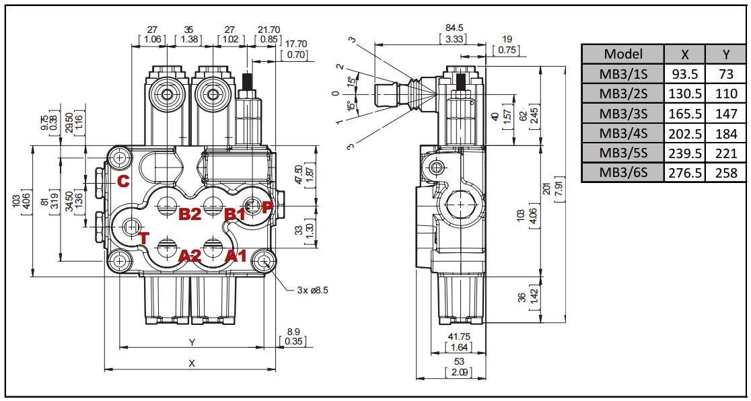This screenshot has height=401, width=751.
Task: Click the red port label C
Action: click(122, 181)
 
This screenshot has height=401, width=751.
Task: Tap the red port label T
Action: click(143, 238)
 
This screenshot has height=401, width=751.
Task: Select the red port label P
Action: click(266, 207)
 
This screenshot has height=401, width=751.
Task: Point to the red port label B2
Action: click(190, 215)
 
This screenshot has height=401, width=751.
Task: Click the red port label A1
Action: click(235, 256)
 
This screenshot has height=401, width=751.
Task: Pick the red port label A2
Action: click(190, 256)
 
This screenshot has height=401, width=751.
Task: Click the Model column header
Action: click(622, 54)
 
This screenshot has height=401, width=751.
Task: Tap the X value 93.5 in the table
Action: click(684, 74)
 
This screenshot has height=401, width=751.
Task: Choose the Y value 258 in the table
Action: click(726, 173)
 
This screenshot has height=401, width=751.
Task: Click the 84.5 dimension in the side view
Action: click(454, 28)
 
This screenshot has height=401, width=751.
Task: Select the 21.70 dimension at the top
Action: click(269, 30)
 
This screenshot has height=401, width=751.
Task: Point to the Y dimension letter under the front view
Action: click(192, 342)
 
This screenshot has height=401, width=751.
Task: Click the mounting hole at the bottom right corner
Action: click(264, 261)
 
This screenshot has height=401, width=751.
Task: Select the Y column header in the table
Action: click(726, 54)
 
